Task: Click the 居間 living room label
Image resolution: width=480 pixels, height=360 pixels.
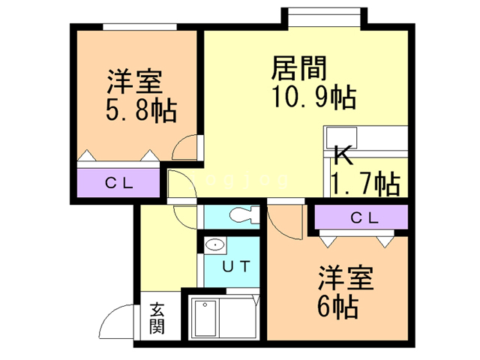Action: pyautogui.click(x=299, y=68)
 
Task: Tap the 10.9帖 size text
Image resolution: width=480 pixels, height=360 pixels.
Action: pyautogui.click(x=314, y=97)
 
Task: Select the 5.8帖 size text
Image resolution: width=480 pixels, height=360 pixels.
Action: pyautogui.click(x=142, y=110)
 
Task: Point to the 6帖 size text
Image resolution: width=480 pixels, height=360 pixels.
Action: pyautogui.click(x=337, y=307)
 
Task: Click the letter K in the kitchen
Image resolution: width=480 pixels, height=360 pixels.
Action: pyautogui.click(x=343, y=155)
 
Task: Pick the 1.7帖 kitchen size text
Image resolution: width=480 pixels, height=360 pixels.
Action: pyautogui.click(x=366, y=183)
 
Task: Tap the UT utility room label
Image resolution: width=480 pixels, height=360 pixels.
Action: pyautogui.click(x=236, y=266)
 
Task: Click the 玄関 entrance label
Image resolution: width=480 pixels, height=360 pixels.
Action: pyautogui.click(x=157, y=318)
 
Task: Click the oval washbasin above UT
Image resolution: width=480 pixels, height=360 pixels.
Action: pyautogui.click(x=215, y=245)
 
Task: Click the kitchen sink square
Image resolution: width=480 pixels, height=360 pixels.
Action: pyautogui.click(x=341, y=137)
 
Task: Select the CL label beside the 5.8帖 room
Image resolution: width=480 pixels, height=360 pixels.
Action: pyautogui.click(x=119, y=183)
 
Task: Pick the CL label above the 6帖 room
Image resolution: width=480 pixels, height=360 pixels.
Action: pyautogui.click(x=364, y=218)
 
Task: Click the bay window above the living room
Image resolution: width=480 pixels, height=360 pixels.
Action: pyautogui.click(x=325, y=17)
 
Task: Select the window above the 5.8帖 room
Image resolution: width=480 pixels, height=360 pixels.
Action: pyautogui.click(x=140, y=27)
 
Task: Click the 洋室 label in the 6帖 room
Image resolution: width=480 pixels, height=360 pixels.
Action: pyautogui.click(x=346, y=278)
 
